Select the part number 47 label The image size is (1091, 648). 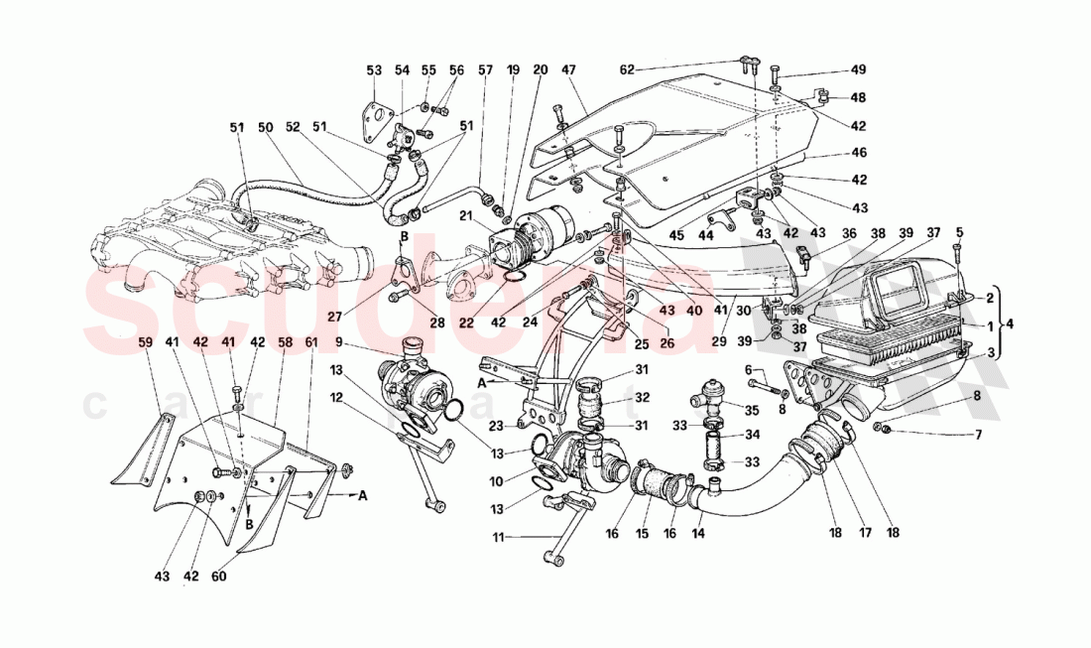568,70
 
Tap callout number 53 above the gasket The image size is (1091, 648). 374,70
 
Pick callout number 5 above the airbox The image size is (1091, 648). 959,232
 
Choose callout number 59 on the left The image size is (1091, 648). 145,342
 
